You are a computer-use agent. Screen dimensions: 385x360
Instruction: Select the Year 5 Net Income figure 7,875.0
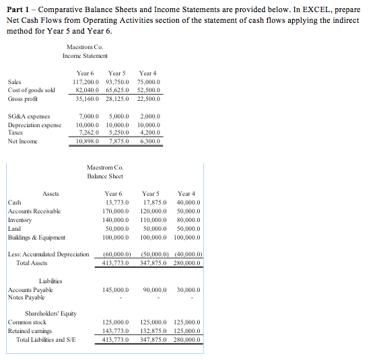pyautogui.click(x=118, y=141)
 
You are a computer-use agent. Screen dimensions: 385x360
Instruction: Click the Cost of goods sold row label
pyautogui.click(x=32, y=89)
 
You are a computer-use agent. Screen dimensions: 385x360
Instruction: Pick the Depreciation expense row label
pyautogui.click(x=34, y=125)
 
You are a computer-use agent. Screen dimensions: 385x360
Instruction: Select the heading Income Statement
pyautogui.click(x=90, y=56)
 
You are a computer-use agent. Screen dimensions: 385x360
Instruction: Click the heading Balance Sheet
pyautogui.click(x=104, y=176)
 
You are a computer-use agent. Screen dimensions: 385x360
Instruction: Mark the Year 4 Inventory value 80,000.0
pyautogui.click(x=187, y=220)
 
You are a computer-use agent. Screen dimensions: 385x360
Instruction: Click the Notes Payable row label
pyautogui.click(x=26, y=297)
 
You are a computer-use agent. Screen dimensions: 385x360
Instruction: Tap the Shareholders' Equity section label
pyautogui.click(x=50, y=314)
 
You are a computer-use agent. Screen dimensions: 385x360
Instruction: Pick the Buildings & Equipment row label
pyautogui.click(x=37, y=238)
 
